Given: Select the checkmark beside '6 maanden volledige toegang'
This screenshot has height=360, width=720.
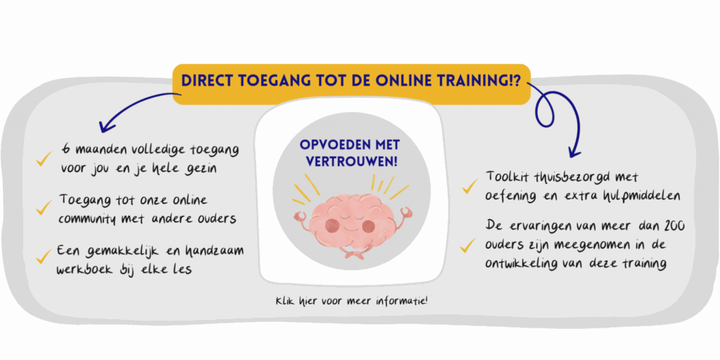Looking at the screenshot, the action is point(44,160).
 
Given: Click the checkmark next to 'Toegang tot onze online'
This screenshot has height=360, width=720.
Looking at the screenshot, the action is point(44,207).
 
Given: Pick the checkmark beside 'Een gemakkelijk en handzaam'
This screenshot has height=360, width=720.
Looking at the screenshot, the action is point(44,256).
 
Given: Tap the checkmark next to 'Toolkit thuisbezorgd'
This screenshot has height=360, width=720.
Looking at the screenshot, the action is point(470,186).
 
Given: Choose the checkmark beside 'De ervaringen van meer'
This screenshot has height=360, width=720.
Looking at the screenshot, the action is point(468,245).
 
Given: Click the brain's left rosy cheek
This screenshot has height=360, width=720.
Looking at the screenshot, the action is point(332,225).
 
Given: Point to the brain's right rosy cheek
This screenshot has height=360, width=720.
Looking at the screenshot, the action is point(368,226).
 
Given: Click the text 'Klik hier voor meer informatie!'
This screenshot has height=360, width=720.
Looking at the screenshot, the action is point(352,302).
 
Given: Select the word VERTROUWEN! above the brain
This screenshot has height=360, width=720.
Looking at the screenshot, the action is point(352,162).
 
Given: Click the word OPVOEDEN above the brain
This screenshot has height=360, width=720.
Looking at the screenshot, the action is point(330,145).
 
